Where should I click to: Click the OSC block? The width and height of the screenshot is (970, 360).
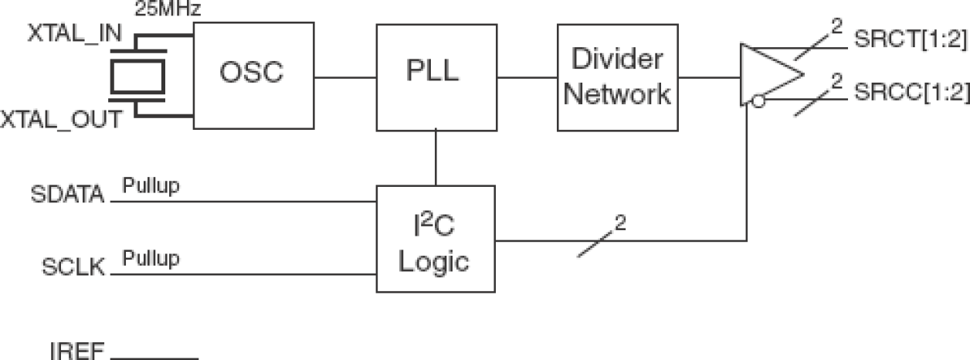tap(253, 75)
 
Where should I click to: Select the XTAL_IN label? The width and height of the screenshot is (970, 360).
tap(69, 36)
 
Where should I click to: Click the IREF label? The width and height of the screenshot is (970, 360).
tap(76, 352)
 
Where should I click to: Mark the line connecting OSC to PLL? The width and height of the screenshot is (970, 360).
tap(345, 76)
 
